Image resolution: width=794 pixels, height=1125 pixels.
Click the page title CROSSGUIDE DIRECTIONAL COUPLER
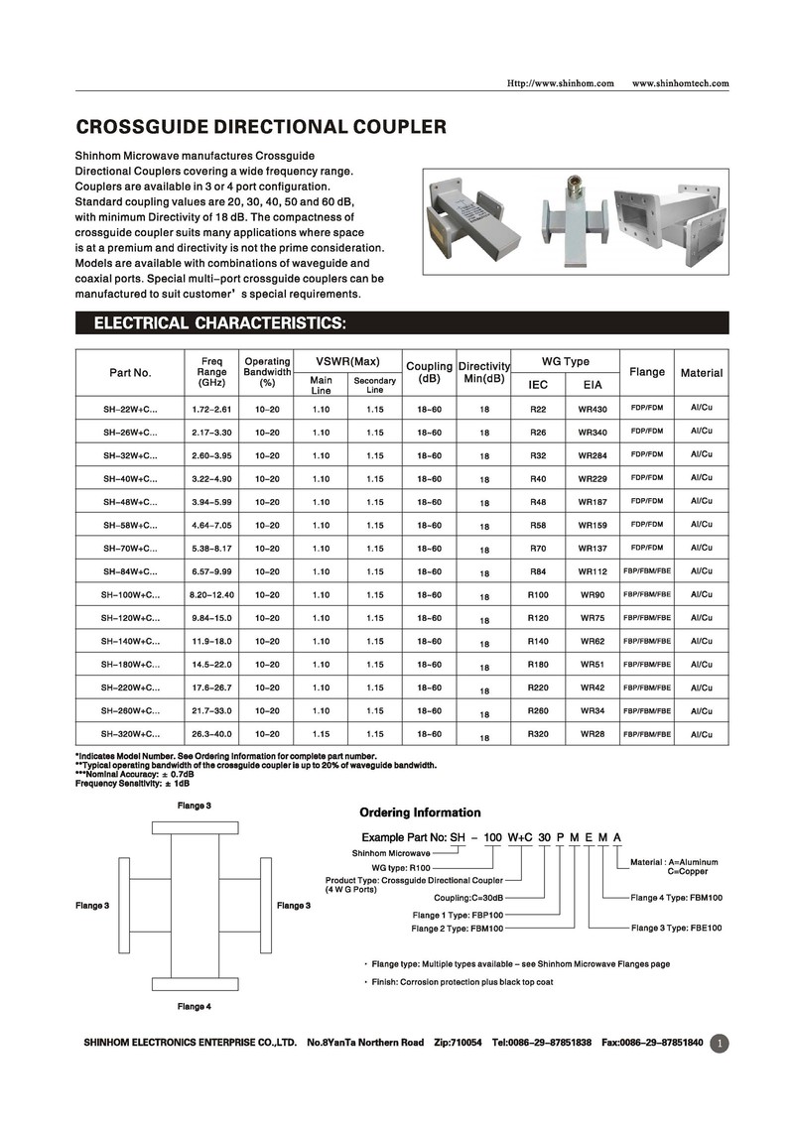[x=261, y=127]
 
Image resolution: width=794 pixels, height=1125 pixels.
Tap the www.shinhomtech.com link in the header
[x=680, y=83]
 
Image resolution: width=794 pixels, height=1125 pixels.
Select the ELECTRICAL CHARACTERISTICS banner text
[x=219, y=323]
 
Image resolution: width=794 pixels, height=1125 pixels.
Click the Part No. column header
[x=130, y=373]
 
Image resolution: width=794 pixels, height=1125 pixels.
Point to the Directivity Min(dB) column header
[x=483, y=373]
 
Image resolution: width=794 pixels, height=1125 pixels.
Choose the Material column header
[x=701, y=373]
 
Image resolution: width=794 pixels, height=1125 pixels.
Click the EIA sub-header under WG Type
[x=593, y=384]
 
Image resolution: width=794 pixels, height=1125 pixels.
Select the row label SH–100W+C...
[x=130, y=595]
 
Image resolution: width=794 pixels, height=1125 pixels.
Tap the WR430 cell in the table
[x=593, y=409]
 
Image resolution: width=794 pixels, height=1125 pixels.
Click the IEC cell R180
[x=538, y=665]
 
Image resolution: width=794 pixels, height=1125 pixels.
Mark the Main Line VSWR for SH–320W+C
[x=321, y=734]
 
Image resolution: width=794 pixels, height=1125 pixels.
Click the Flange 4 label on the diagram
[x=194, y=1007]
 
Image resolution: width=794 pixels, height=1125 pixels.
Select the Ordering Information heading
[x=420, y=812]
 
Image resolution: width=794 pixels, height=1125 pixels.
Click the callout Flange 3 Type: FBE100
[x=676, y=929]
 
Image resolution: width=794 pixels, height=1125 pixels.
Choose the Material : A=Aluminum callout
[x=674, y=862]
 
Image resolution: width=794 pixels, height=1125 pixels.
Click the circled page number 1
[x=721, y=1043]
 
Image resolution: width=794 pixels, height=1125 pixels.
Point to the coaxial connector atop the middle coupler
[x=574, y=188]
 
